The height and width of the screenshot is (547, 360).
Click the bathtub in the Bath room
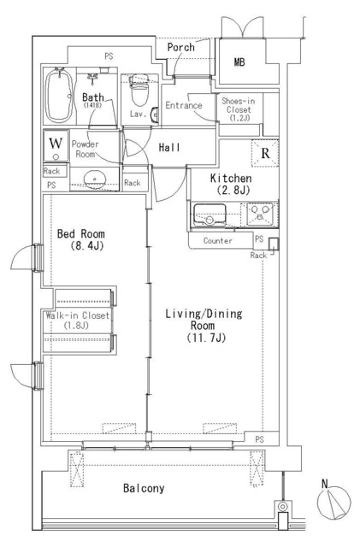tap(60, 96)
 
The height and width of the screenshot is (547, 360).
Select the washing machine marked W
tap(56, 146)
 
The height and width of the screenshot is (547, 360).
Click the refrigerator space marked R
tap(265, 153)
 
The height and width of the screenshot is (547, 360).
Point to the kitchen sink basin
tap(210, 215)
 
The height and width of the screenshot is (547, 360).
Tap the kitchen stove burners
tap(260, 214)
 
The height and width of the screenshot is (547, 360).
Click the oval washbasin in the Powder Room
tap(94, 179)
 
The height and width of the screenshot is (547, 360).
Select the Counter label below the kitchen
tap(217, 241)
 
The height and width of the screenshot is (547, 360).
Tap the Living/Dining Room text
tap(204, 320)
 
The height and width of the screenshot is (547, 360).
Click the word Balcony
tap(144, 488)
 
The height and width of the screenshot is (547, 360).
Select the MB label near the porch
tap(239, 62)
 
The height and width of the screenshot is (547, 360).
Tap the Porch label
tap(181, 47)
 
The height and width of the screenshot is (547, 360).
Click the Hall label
tap(169, 147)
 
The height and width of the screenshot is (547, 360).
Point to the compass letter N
tap(325, 484)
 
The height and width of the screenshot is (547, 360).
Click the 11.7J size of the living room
tap(206, 338)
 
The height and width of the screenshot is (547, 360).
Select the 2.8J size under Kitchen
tap(233, 190)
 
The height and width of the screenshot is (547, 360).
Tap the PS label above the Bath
tap(109, 56)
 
